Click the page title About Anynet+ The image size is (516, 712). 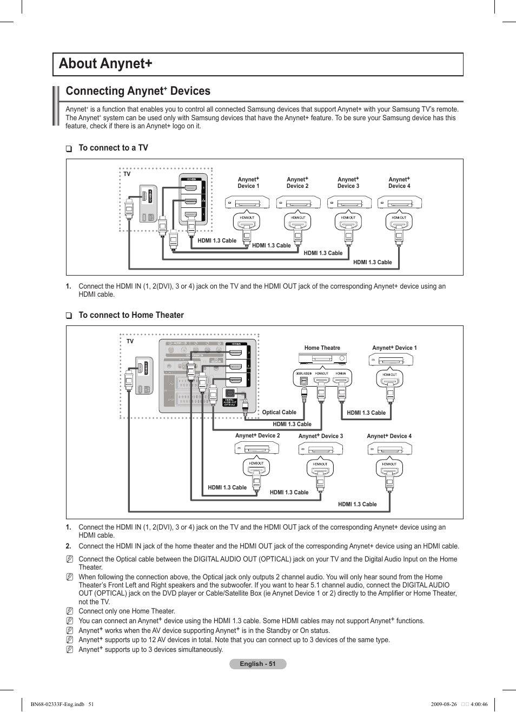(x=105, y=64)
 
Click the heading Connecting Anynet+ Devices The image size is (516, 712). (x=138, y=91)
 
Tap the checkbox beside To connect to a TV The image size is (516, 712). (x=69, y=148)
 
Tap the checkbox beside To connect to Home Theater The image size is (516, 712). (x=69, y=316)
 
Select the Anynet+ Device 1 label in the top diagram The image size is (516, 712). (x=248, y=182)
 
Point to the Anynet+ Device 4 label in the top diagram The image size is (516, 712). (x=399, y=182)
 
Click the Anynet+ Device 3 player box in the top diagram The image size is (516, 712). (x=349, y=203)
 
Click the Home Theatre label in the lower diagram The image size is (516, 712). (x=322, y=348)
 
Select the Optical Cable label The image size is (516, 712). (x=279, y=413)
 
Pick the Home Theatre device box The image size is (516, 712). (x=323, y=358)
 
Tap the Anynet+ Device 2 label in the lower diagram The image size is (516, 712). (x=257, y=435)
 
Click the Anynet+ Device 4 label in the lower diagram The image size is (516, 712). (x=389, y=436)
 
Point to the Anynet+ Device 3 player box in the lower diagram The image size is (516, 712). (x=321, y=449)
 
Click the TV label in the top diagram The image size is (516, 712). (x=127, y=174)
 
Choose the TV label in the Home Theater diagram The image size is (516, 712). (x=130, y=342)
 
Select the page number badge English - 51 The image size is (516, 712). (x=258, y=664)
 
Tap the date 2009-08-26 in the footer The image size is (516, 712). (x=444, y=704)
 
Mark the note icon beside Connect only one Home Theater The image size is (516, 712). (x=70, y=611)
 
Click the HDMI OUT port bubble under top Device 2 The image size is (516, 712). (x=298, y=220)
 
